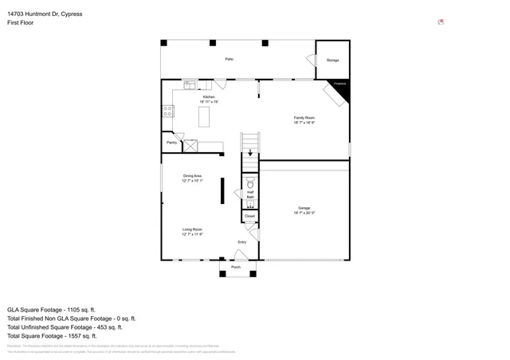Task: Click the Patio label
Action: pyautogui.click(x=229, y=60)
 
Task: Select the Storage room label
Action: pyautogui.click(x=332, y=60)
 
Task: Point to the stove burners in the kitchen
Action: pyautogui.click(x=168, y=112)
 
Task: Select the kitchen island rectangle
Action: pyautogui.click(x=204, y=116)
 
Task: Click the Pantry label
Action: pyautogui.click(x=171, y=143)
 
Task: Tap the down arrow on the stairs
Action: pyautogui.click(x=251, y=153)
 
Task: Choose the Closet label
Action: pyautogui.click(x=249, y=216)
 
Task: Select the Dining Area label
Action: pyautogui.click(x=192, y=175)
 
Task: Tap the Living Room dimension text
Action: pyautogui.click(x=192, y=234)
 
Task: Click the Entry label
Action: pyautogui.click(x=241, y=242)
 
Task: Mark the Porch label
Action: pyautogui.click(x=236, y=267)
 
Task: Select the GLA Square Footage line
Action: pyautogui.click(x=51, y=309)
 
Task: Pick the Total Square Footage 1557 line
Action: pyautogui.click(x=54, y=336)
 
